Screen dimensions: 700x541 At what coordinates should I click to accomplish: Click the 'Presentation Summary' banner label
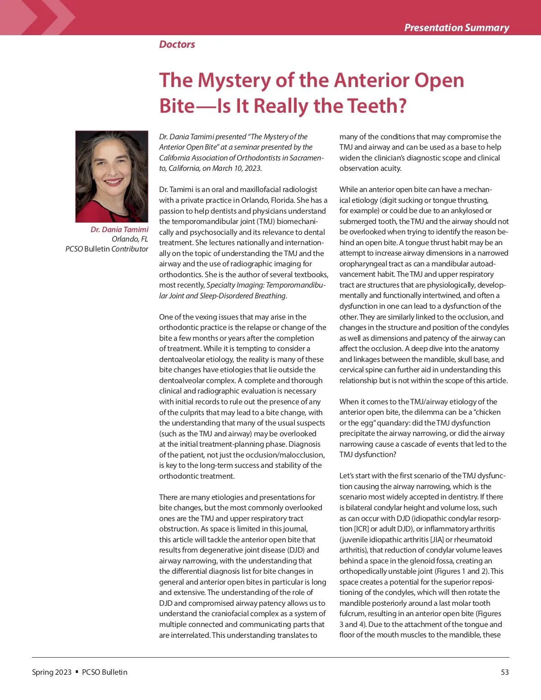456,27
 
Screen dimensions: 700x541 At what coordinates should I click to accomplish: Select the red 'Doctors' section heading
177,44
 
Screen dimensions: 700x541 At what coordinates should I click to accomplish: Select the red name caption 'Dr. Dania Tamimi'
119,229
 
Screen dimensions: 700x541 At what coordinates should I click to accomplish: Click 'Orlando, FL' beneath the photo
130,239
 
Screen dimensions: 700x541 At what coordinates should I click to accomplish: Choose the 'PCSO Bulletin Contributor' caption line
107,249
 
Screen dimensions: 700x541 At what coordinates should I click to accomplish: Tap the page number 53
504,672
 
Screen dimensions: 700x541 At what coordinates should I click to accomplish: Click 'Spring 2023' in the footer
51,672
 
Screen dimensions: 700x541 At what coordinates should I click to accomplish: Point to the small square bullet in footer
77,672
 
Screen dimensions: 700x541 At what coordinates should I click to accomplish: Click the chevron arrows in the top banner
50,17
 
